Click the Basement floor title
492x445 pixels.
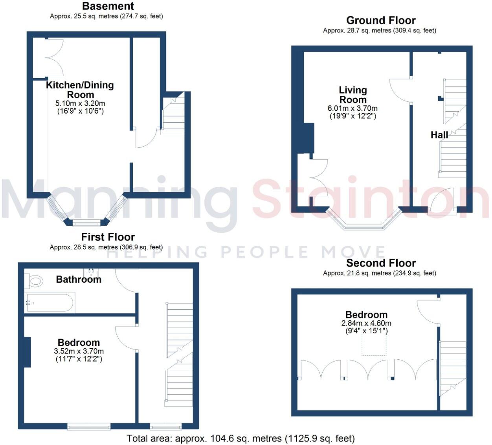(108, 6)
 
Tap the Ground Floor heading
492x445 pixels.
(380, 20)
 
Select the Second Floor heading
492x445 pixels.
(380, 263)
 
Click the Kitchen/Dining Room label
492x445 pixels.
(80, 90)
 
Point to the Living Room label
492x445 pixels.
(352, 95)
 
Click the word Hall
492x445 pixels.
(439, 135)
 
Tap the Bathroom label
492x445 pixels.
(79, 280)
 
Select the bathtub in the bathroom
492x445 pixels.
(49, 302)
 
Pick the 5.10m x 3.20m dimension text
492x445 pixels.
(80, 103)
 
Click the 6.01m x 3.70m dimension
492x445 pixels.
(352, 108)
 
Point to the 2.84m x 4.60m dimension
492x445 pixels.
(366, 324)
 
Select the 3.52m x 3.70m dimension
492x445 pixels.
(79, 351)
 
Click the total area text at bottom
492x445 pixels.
(240, 438)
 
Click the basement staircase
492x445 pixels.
(173, 114)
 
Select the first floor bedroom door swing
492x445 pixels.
(126, 337)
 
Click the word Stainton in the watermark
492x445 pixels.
(369, 199)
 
